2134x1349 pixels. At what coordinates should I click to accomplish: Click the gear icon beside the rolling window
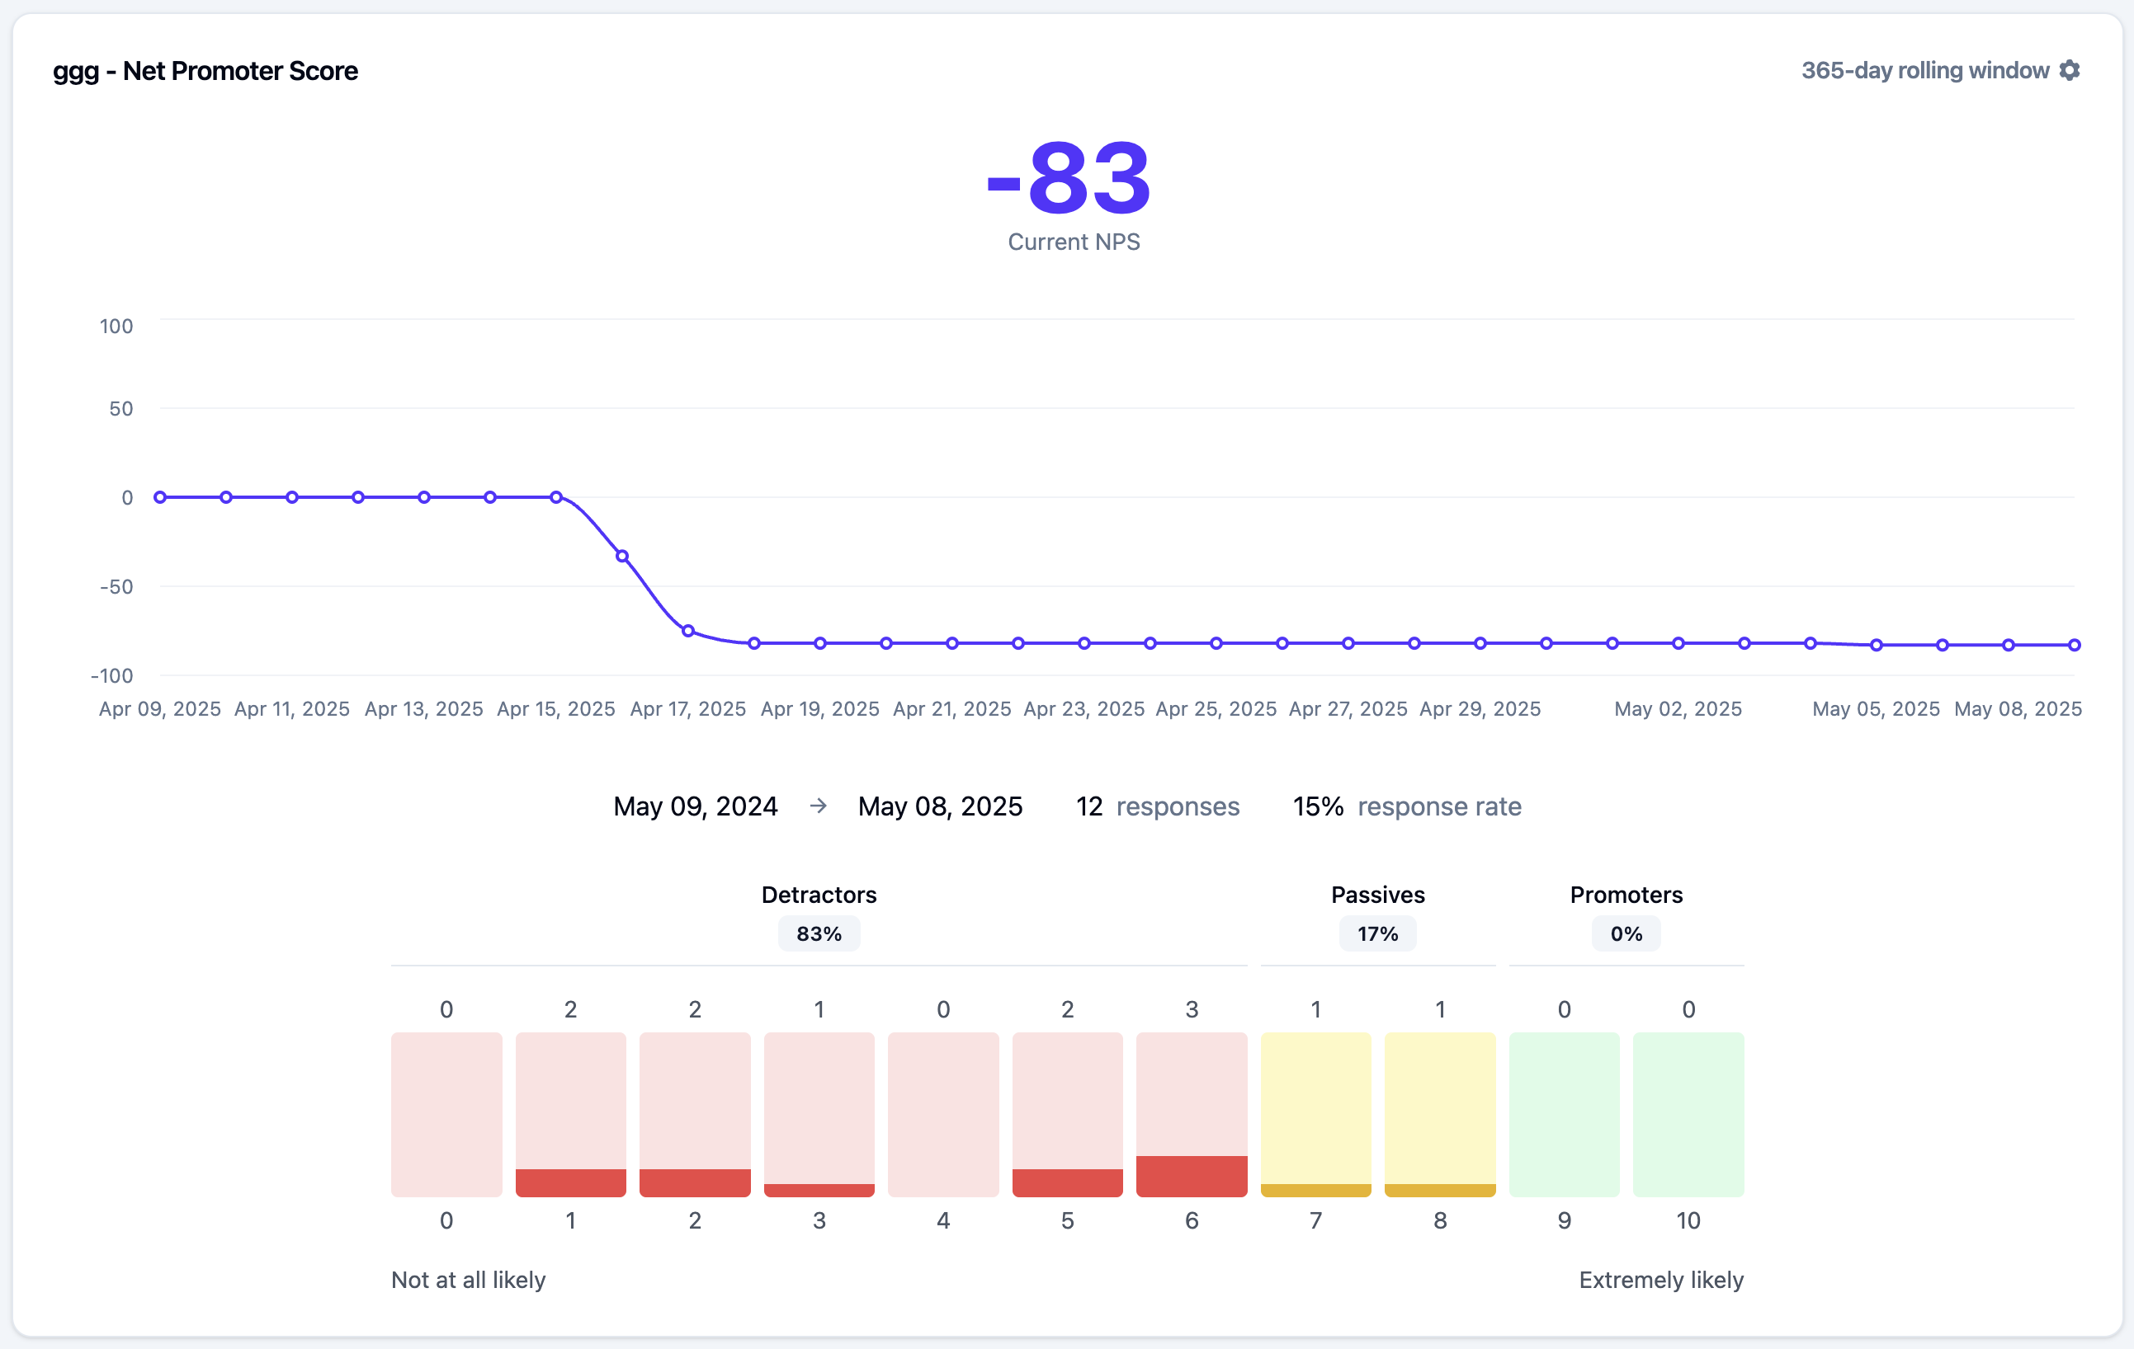[2070, 70]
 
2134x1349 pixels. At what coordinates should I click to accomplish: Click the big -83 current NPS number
[1069, 179]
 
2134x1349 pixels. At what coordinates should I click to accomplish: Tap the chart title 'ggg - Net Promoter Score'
[205, 71]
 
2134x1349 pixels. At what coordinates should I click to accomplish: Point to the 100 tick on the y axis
[116, 326]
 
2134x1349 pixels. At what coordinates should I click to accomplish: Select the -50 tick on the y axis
[116, 586]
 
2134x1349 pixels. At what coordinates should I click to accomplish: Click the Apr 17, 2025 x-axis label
[687, 708]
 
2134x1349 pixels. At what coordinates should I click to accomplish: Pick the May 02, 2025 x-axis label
[1678, 708]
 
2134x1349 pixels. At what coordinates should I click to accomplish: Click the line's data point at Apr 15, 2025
[555, 497]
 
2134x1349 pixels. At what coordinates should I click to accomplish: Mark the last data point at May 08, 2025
[2075, 645]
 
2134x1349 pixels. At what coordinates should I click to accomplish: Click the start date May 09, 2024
[695, 806]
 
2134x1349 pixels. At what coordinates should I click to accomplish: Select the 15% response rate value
[1318, 806]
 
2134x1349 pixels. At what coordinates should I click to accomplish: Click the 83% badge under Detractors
[819, 933]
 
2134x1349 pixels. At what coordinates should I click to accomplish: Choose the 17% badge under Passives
[1377, 933]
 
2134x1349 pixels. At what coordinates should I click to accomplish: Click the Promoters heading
[1626, 895]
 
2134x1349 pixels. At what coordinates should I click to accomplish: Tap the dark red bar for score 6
[1191, 1177]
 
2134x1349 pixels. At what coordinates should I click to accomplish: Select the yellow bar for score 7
[1315, 1190]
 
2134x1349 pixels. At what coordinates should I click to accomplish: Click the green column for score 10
[1688, 1114]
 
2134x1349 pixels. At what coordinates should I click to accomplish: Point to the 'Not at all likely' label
[468, 1280]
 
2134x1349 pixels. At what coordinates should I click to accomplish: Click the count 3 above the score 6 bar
[1191, 1009]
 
